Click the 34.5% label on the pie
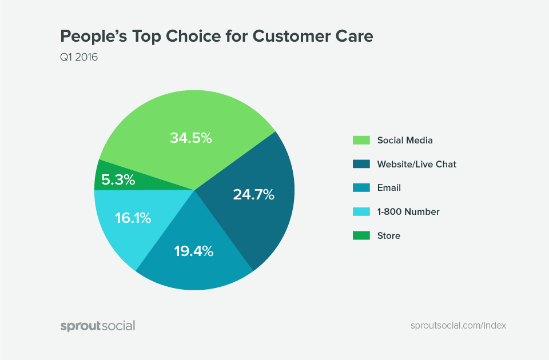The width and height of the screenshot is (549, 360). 191,138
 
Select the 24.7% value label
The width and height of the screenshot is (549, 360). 253,194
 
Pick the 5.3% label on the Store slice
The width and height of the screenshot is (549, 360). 118,181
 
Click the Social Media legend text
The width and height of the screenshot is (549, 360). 405,140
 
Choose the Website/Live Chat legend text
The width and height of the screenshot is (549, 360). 416,164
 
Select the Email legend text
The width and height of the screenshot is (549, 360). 389,187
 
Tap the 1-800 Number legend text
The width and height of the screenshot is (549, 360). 408,211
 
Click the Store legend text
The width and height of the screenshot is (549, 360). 389,235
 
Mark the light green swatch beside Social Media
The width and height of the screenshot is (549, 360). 361,140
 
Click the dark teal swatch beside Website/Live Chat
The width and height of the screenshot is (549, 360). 361,164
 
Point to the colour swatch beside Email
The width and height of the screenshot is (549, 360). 361,187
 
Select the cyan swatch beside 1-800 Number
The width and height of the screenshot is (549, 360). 361,211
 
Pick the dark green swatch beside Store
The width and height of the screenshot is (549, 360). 361,235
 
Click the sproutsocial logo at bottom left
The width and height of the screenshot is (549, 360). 98,326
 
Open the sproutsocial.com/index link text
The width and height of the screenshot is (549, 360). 458,325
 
